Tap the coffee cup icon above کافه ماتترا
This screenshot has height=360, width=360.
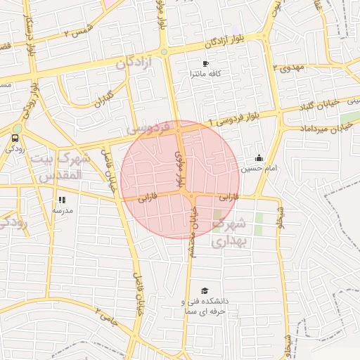point(205,63)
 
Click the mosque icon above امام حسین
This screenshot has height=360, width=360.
point(259,158)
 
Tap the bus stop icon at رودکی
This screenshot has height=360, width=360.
point(15,138)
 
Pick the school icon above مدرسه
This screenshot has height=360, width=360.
point(62,200)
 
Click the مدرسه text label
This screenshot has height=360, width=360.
point(62,210)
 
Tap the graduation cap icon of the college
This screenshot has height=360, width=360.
point(205,291)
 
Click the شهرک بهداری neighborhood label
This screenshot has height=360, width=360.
point(226,233)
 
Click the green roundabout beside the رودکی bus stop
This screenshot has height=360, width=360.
point(17,128)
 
